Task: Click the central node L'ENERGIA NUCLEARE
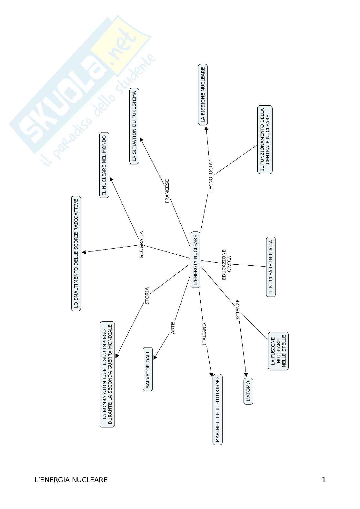[195, 259]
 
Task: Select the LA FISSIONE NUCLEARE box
[203, 94]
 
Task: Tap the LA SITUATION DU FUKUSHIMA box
[135, 126]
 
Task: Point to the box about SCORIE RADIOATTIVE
[76, 253]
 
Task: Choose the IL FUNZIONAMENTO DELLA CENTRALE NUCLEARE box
[265, 140]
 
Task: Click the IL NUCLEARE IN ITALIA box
[271, 267]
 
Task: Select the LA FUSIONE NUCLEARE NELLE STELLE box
[278, 351]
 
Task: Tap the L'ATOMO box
[248, 391]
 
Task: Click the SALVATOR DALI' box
[148, 369]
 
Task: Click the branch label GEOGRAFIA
[141, 245]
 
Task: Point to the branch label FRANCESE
[167, 191]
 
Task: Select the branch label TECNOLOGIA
[211, 177]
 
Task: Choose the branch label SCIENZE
[238, 309]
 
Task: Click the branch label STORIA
[147, 296]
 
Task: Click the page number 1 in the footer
[324, 480]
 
